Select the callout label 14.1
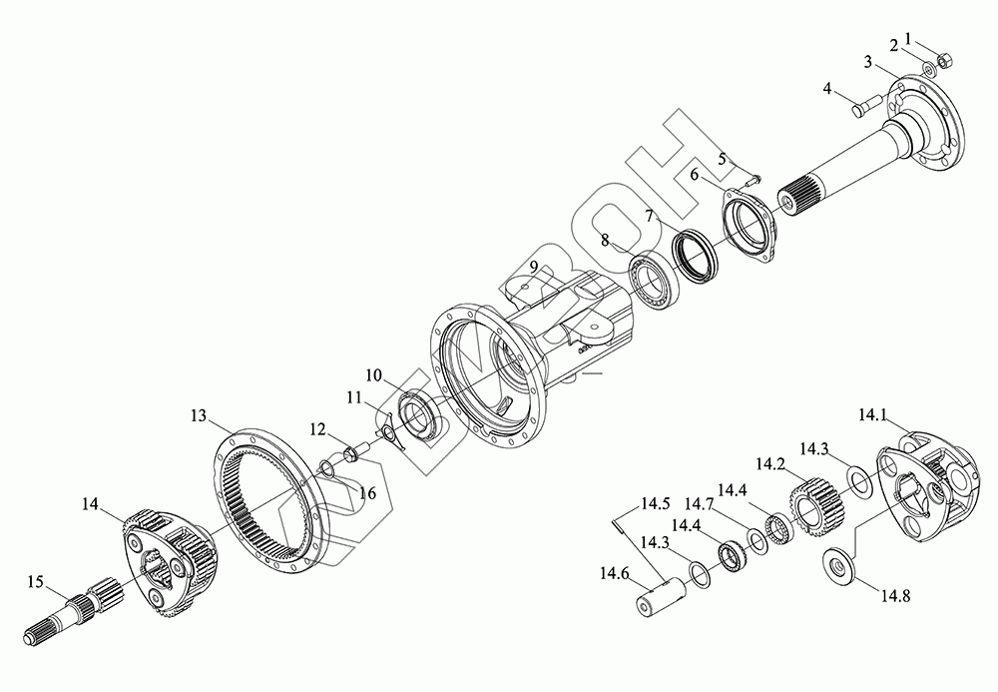click(872, 415)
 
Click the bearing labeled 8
click(652, 280)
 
